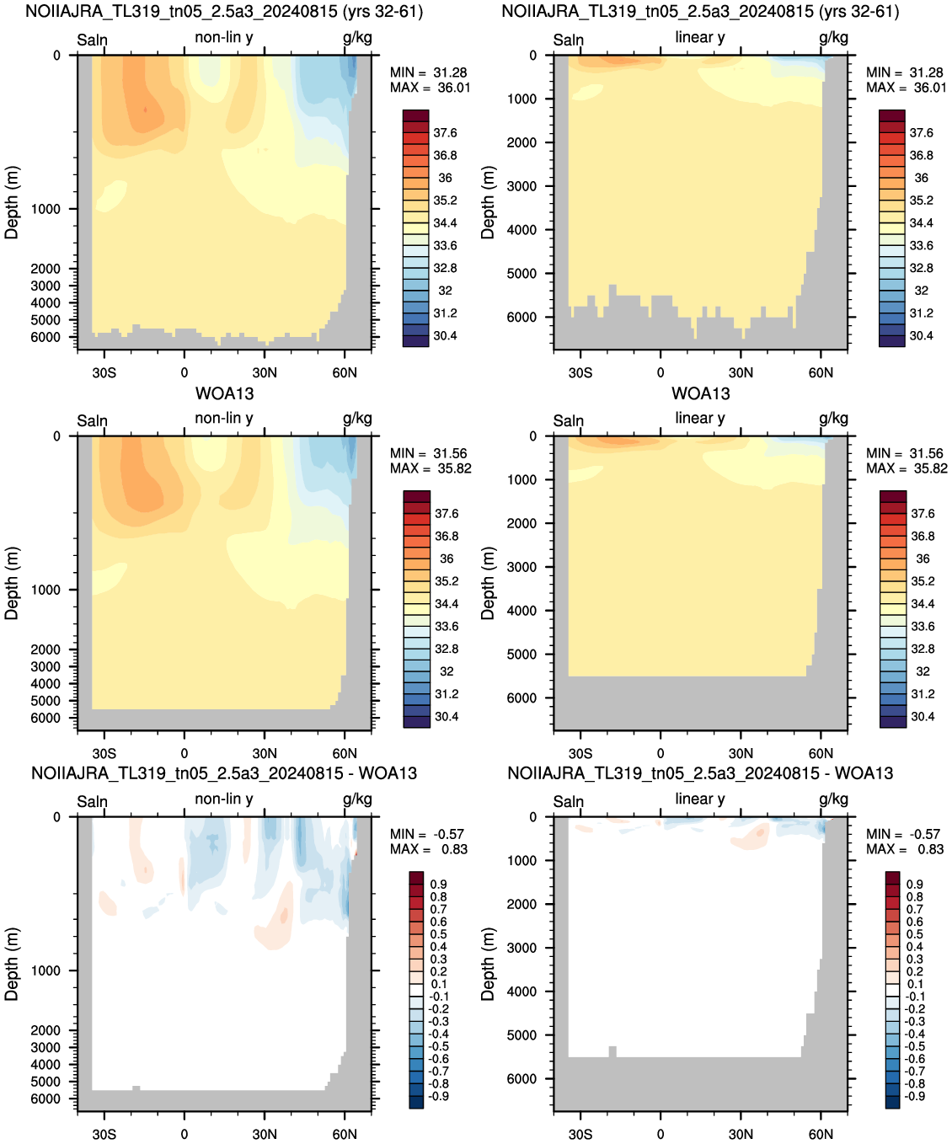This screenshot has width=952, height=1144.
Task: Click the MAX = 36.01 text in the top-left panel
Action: point(430,88)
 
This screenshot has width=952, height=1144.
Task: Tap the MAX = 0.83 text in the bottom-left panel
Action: point(429,849)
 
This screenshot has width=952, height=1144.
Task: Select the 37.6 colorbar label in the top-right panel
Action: point(921,132)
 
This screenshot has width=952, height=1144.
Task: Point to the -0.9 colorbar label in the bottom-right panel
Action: point(915,1096)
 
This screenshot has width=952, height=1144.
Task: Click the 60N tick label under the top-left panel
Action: point(345,372)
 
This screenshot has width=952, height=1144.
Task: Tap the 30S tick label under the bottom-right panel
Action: point(580,1134)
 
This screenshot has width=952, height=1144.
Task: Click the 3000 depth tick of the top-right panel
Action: point(521,185)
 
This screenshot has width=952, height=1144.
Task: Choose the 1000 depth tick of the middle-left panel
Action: point(45,590)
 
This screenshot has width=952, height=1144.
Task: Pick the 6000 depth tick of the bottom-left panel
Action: point(45,1099)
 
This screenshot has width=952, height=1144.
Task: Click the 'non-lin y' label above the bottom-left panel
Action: point(223,799)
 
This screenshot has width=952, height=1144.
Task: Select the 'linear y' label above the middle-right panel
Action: point(700,418)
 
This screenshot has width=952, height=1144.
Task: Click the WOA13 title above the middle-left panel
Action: point(224,393)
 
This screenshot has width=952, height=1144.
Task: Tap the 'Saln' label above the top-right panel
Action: point(569,40)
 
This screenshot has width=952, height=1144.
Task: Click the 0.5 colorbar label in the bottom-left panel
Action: point(438,934)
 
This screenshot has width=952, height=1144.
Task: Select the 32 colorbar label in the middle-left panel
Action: point(447,671)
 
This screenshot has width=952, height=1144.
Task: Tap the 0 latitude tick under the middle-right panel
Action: point(661,753)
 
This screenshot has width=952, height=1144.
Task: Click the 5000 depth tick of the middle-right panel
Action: point(521,655)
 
